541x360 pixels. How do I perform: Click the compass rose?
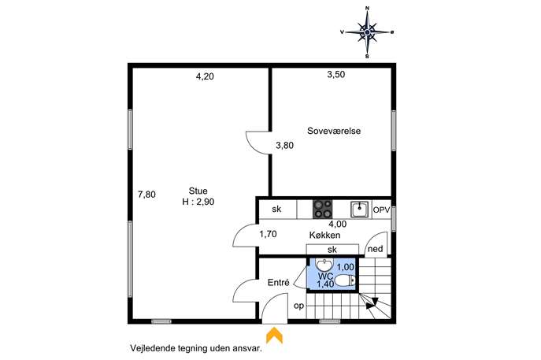(368, 32)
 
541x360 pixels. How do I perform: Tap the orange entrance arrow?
(274, 336)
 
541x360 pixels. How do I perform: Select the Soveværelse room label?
(334, 131)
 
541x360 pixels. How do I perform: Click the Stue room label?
(198, 191)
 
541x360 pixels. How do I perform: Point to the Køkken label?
(324, 235)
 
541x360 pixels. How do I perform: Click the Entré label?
(279, 282)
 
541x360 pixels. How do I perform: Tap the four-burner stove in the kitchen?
(323, 210)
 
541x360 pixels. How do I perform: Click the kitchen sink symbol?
(360, 210)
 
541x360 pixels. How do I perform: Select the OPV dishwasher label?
(381, 210)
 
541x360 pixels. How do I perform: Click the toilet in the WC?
(344, 280)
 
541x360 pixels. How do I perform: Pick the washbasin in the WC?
(324, 265)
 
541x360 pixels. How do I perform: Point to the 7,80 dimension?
(146, 195)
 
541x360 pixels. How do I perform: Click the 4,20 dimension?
(205, 76)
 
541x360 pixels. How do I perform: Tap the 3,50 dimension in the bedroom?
(336, 74)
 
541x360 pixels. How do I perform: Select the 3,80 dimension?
(284, 145)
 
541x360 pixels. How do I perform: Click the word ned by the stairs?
(376, 248)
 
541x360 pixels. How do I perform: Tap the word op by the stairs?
(298, 306)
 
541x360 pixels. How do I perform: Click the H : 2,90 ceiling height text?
(198, 202)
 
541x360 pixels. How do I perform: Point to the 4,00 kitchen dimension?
(337, 224)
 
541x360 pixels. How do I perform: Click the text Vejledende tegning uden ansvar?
(196, 348)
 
